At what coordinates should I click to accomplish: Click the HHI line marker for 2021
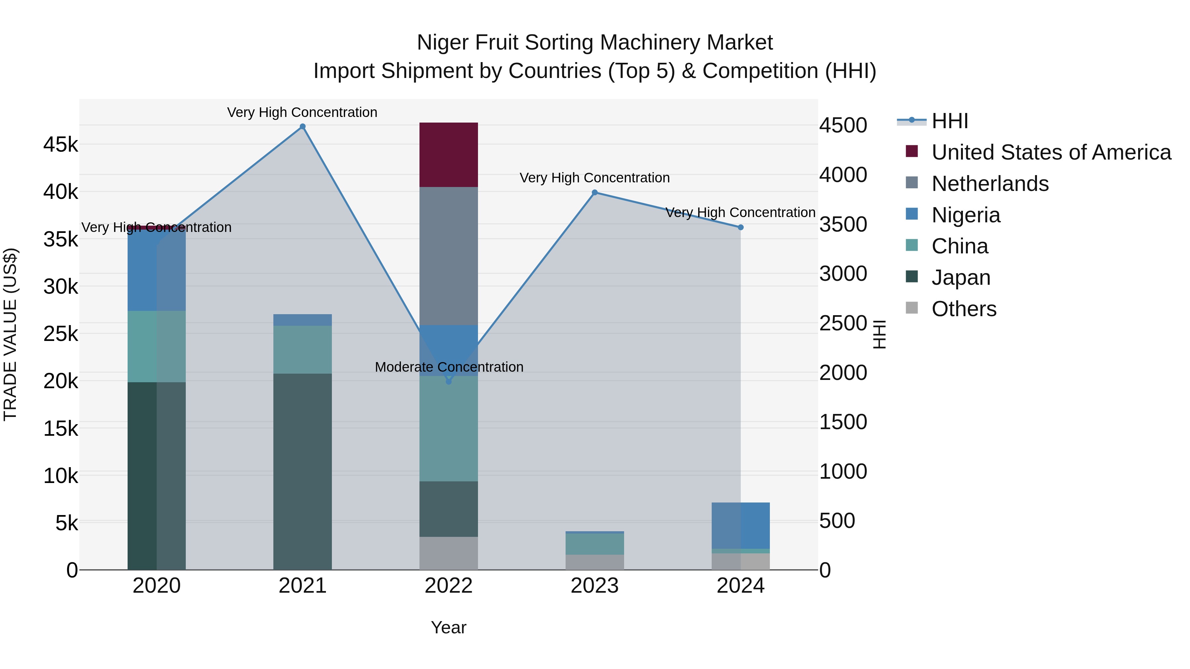coord(302,127)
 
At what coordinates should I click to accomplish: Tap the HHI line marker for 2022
coord(449,381)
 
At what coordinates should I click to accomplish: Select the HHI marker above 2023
coord(595,193)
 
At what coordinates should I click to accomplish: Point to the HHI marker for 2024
coord(740,227)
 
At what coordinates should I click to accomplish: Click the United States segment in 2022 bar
coord(449,155)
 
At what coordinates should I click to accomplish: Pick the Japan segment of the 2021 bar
coord(302,471)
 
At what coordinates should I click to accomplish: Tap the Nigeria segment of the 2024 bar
coord(740,525)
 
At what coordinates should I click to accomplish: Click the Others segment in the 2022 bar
coord(449,553)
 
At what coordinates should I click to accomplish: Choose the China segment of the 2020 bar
coord(157,346)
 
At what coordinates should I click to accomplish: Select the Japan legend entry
coord(961,278)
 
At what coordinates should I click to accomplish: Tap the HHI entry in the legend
coord(949,121)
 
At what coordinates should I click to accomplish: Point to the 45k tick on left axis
coord(60,144)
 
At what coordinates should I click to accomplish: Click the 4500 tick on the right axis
coord(843,126)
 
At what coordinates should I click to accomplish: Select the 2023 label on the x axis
coord(595,586)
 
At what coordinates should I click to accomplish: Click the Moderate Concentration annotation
coord(449,367)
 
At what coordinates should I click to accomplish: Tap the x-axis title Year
coord(449,627)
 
